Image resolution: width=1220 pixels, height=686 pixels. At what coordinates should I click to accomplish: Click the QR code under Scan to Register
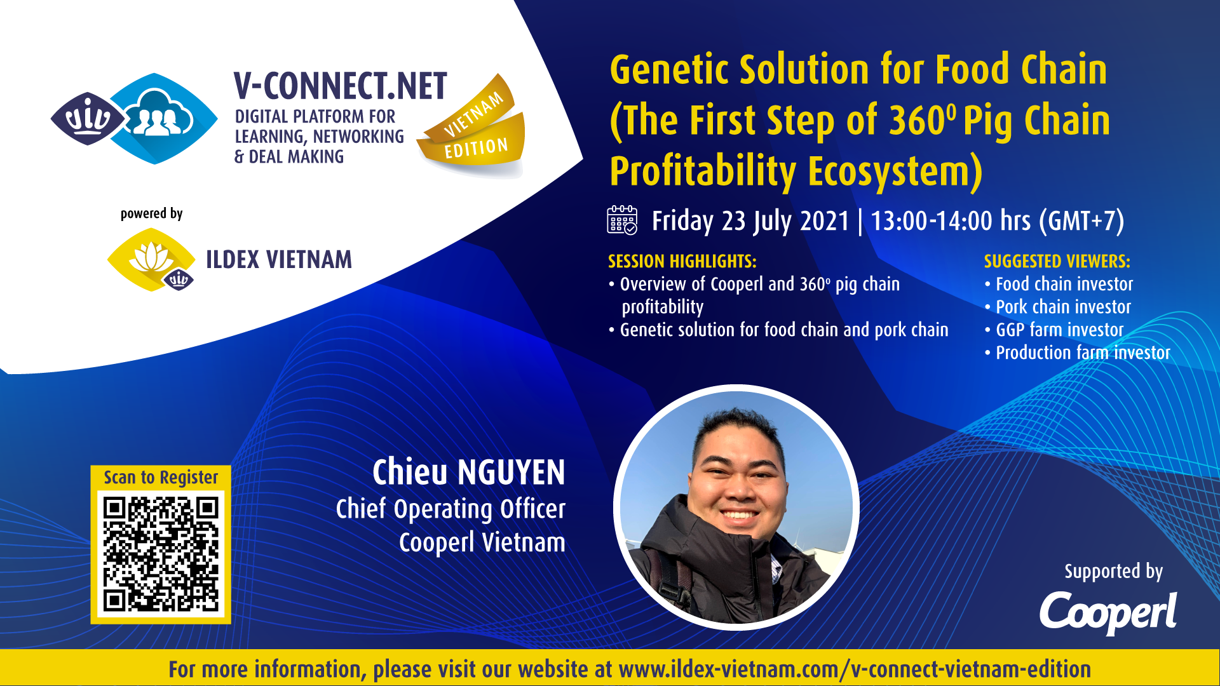pyautogui.click(x=161, y=554)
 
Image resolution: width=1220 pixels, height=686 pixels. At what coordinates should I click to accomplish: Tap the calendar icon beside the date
pyautogui.click(x=622, y=220)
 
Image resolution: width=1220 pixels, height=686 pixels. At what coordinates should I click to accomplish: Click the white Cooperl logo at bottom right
pyautogui.click(x=1108, y=612)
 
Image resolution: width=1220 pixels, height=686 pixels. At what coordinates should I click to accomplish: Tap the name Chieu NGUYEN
pyautogui.click(x=468, y=472)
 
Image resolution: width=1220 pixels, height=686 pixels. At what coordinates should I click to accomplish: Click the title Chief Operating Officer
pyautogui.click(x=451, y=509)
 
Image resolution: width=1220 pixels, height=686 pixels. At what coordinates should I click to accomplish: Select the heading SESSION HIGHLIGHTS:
pyautogui.click(x=682, y=261)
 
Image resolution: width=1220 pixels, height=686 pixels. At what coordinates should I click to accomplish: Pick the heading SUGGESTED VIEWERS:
pyautogui.click(x=1057, y=261)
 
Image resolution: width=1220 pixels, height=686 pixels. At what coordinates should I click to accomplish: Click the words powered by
pyautogui.click(x=151, y=213)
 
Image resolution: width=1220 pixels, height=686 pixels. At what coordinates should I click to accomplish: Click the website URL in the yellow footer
pyautogui.click(x=855, y=669)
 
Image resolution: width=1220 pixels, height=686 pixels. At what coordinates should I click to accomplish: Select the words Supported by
pyautogui.click(x=1113, y=571)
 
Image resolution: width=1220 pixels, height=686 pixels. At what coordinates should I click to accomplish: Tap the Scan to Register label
pyautogui.click(x=161, y=478)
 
